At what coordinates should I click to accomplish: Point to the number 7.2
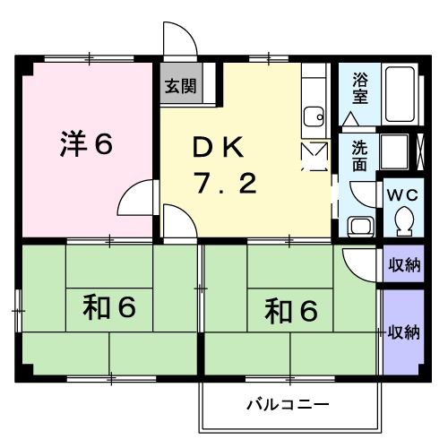point(228,184)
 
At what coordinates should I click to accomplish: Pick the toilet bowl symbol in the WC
point(402,219)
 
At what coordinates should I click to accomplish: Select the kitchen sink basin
point(314,115)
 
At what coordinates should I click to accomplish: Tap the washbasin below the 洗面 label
point(360,227)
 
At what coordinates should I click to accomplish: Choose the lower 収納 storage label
point(403,332)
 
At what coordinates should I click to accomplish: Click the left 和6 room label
point(109,307)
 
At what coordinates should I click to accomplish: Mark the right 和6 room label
point(291,311)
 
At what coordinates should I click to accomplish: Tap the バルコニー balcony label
point(288,405)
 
